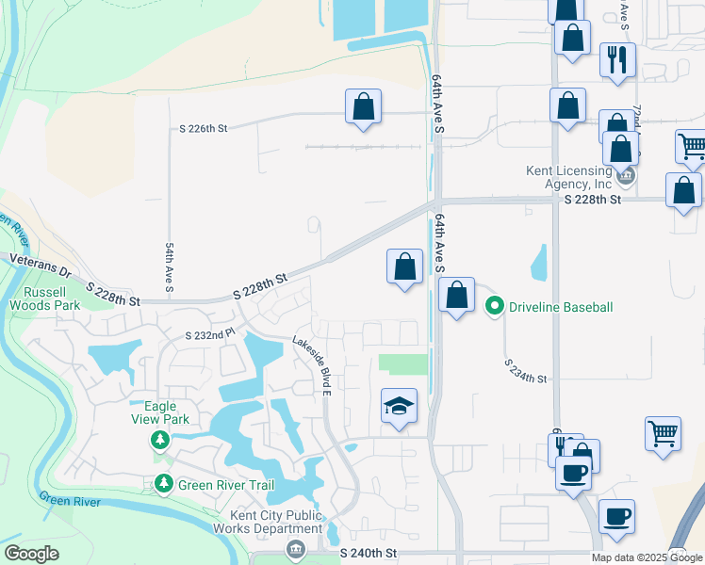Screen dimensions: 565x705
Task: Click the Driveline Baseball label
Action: pos(561,307)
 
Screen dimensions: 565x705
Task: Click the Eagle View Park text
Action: pos(159,412)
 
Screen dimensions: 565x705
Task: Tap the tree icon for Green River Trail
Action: pos(163,484)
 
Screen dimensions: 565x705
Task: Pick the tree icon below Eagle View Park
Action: pos(160,439)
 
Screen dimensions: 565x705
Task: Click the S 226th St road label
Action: pos(204,129)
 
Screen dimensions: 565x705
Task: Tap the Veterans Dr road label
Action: pos(40,264)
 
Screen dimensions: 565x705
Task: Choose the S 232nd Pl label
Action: pos(209,334)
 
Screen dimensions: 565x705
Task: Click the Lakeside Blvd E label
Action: pos(312,365)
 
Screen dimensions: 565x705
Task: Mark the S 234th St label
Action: pos(525,371)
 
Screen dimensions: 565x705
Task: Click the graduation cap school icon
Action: pos(399,407)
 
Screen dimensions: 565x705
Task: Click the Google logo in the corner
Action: pos(30,554)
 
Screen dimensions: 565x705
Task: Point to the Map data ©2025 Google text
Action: pos(647,557)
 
